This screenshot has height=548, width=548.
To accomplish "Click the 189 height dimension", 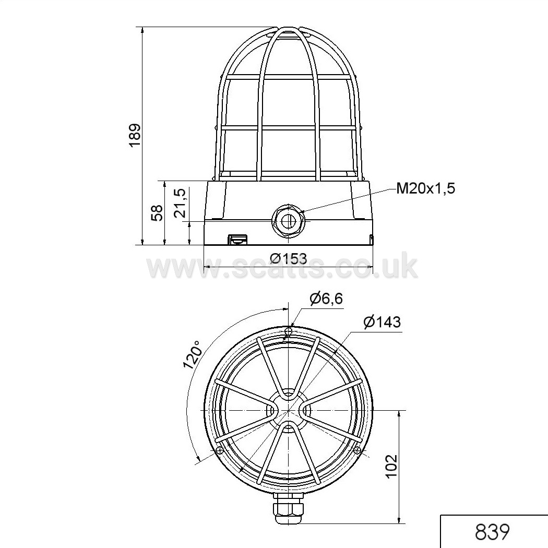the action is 135,135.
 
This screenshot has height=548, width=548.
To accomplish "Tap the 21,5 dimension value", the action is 181,204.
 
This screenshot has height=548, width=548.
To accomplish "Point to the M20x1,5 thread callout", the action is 426,189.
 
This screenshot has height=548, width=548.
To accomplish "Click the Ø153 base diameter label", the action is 289,258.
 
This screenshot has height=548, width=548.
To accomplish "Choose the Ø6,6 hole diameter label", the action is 326,299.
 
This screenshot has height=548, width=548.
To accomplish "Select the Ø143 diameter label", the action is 382,321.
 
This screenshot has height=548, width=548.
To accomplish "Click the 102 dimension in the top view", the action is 392,466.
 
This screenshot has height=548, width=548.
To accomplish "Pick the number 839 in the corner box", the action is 492,532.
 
